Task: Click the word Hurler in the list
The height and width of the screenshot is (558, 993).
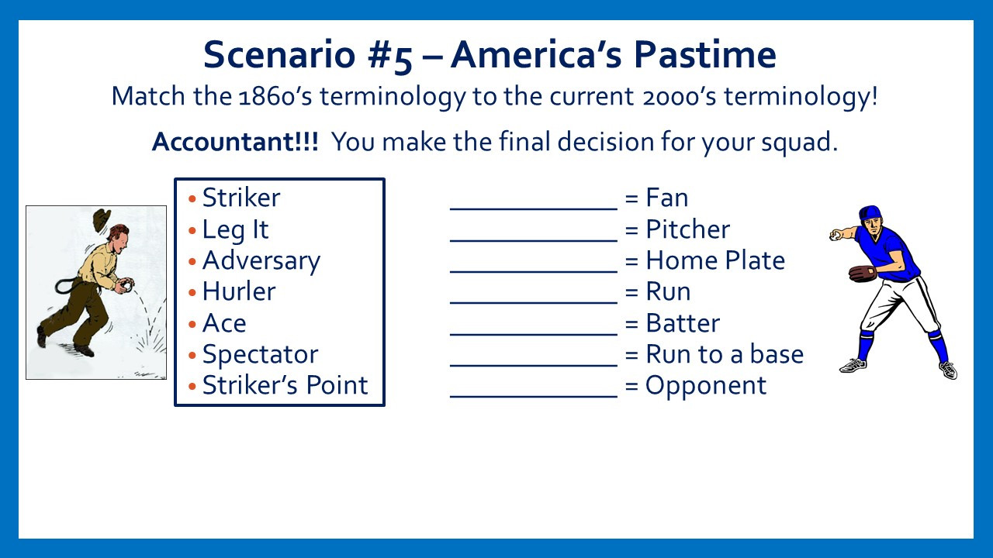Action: (x=239, y=291)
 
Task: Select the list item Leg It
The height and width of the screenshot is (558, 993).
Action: (x=235, y=230)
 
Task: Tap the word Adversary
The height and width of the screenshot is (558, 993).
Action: (x=261, y=261)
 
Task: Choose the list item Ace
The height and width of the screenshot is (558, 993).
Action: (x=224, y=323)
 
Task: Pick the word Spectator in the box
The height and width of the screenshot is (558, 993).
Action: (x=260, y=355)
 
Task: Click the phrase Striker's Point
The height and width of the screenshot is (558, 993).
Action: (x=285, y=385)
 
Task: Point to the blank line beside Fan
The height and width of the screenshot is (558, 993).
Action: (x=534, y=208)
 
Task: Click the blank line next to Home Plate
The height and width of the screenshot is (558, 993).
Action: (x=534, y=271)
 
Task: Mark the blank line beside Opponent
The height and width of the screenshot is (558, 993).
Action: (x=534, y=396)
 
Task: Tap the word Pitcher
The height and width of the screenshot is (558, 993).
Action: (x=687, y=229)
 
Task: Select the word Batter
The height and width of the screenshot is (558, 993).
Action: (x=683, y=323)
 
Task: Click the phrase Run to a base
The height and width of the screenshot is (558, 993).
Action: (x=725, y=354)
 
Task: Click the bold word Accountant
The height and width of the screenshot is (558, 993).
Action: (x=235, y=142)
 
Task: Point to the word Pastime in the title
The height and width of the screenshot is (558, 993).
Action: (x=704, y=54)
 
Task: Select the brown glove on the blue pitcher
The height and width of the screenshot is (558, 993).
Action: (x=862, y=274)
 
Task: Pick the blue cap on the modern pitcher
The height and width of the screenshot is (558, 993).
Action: (x=870, y=212)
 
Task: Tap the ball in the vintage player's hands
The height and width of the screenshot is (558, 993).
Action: (x=127, y=287)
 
